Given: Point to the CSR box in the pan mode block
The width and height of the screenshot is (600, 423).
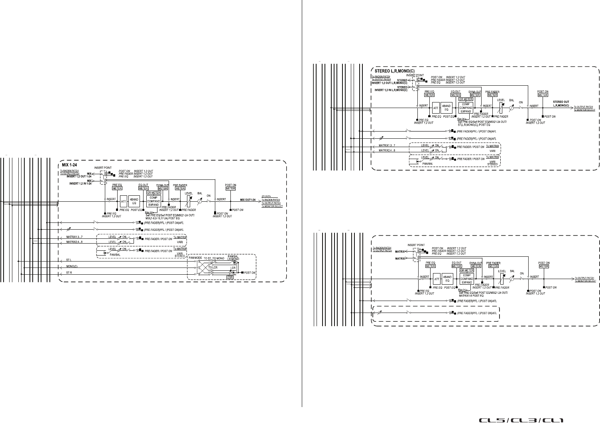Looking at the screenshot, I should [x=230, y=276].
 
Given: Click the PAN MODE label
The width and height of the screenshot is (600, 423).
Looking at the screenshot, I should [x=196, y=258].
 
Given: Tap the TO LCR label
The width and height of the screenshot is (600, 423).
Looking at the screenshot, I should [x=214, y=267].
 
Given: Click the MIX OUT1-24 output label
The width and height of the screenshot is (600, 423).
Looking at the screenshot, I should [x=248, y=199].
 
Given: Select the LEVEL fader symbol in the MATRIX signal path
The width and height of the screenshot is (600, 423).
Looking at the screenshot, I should [x=501, y=277].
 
